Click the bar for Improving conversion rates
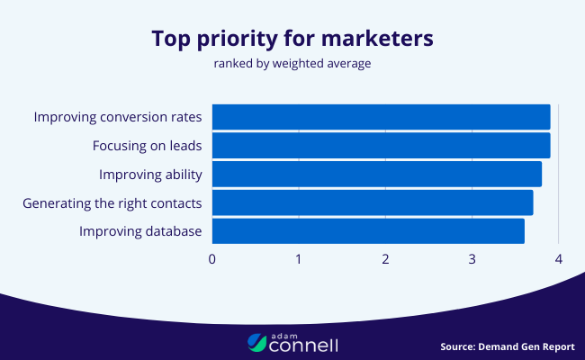tap(381, 117)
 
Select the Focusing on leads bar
tap(381, 146)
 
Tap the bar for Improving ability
tap(376, 174)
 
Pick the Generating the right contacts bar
tap(372, 202)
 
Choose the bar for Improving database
tap(367, 230)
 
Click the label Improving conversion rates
tap(118, 117)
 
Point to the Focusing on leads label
tap(147, 146)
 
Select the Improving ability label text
tap(150, 174)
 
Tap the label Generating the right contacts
tap(112, 202)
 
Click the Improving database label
tap(140, 231)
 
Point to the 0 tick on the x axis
tap(212, 259)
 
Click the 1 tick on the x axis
tap(299, 259)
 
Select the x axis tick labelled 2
tap(385, 259)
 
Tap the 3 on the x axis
tap(472, 259)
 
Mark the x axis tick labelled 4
tap(559, 259)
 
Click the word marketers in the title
tap(372, 39)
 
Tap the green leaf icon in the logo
tap(256, 342)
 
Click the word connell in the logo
tap(303, 344)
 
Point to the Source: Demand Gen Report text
tap(507, 346)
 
